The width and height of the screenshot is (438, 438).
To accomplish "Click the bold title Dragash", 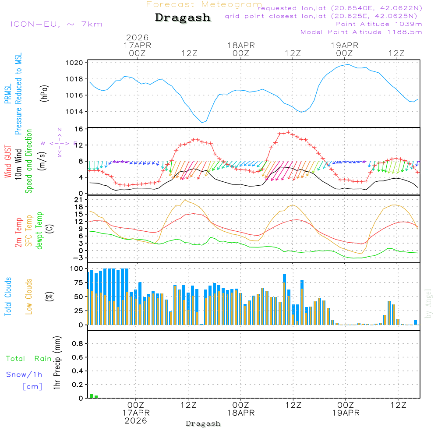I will (x=183, y=18).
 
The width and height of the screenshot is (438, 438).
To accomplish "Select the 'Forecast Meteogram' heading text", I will (x=204, y=4).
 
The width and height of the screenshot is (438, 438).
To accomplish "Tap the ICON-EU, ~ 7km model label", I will (x=56, y=24).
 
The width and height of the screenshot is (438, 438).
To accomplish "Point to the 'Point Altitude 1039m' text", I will (x=378, y=24).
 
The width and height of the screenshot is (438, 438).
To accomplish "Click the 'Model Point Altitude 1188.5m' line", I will (x=361, y=32).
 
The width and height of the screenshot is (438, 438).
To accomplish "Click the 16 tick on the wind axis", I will (x=79, y=129).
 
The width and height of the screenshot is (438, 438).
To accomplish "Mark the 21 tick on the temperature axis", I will (x=79, y=200).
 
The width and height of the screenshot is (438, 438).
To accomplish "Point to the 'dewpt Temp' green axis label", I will (x=40, y=231).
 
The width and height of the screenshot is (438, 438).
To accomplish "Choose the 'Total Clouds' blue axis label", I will (x=8, y=297).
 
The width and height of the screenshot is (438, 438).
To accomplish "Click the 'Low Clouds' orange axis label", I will (x=29, y=297).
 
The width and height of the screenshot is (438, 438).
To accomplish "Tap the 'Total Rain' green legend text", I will (x=28, y=359).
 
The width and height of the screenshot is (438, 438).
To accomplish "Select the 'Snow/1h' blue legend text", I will (x=24, y=374).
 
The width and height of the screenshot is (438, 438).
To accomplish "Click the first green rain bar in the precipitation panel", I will (x=92, y=396).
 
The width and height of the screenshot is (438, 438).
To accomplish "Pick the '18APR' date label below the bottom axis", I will (x=240, y=413).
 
